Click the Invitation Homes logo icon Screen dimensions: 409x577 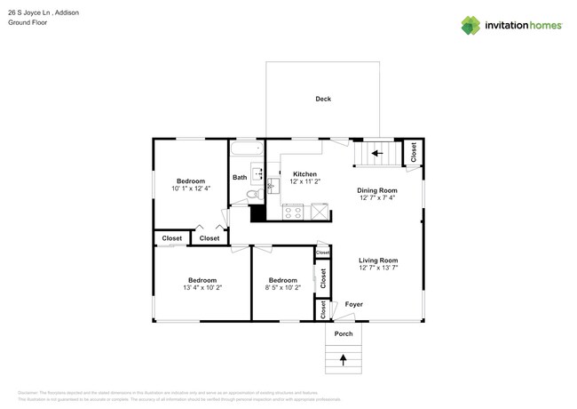[470, 26]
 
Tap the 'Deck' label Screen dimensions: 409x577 [323, 99]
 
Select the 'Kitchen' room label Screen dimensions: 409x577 [304, 174]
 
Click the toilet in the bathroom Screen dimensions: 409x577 [252, 193]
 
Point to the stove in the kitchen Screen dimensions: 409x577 [292, 213]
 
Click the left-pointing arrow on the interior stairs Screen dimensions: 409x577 [375, 153]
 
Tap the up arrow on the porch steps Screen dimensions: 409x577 [344, 359]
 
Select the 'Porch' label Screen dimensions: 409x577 [344, 333]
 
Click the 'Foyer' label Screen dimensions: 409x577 [353, 304]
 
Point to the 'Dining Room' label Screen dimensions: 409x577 [377, 190]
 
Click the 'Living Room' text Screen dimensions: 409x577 [377, 261]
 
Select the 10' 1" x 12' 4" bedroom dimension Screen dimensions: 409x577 [190, 188]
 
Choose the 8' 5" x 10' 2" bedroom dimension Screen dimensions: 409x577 [282, 287]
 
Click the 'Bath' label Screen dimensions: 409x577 [240, 177]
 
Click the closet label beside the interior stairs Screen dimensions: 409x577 [413, 152]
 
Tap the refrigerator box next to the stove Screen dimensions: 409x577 [319, 212]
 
